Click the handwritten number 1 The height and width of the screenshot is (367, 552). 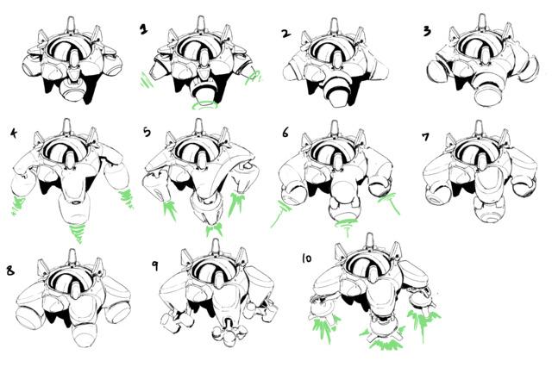(143, 29)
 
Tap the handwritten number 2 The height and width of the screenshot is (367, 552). (286, 34)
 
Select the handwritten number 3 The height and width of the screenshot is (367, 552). (427, 31)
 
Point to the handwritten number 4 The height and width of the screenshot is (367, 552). (14, 134)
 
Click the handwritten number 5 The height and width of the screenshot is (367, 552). (147, 132)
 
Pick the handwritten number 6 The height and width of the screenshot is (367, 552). (285, 133)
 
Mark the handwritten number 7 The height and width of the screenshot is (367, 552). (425, 136)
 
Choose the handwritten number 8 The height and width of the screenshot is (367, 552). (10, 271)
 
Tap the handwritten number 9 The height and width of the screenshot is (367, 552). (154, 265)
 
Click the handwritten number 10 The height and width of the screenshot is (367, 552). (307, 258)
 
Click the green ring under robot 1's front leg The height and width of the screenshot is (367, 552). (204, 104)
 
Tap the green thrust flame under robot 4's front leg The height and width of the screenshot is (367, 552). (78, 233)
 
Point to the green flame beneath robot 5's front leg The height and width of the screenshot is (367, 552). (214, 229)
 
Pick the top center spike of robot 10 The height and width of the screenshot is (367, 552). (369, 241)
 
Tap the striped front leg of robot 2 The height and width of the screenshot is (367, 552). (337, 92)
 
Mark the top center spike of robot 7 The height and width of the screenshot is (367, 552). (479, 128)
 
